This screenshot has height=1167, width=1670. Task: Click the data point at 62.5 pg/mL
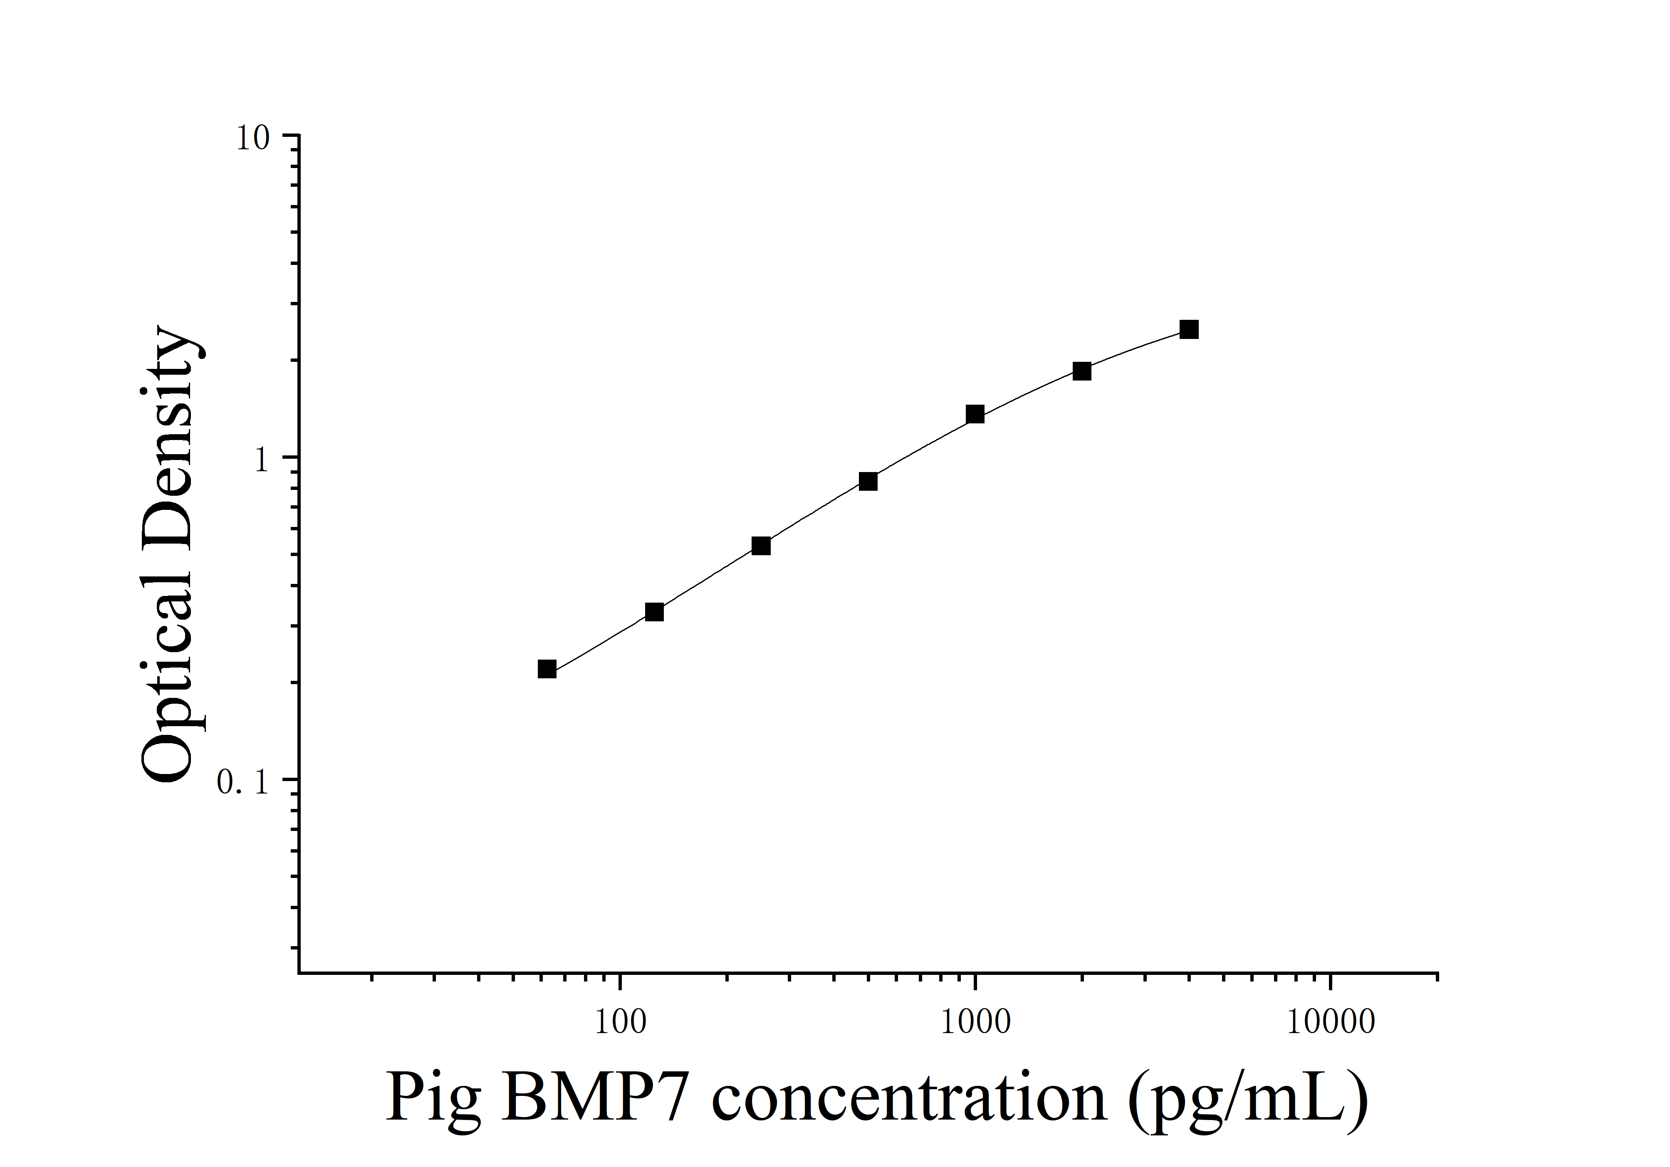[547, 669]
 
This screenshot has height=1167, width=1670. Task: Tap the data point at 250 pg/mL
[761, 546]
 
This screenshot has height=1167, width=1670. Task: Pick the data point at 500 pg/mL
[868, 481]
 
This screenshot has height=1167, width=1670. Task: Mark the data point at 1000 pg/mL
[975, 415]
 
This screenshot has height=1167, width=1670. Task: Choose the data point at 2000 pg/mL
[1082, 371]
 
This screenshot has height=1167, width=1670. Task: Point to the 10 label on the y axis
[252, 138]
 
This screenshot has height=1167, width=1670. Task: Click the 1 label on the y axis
[262, 460]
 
